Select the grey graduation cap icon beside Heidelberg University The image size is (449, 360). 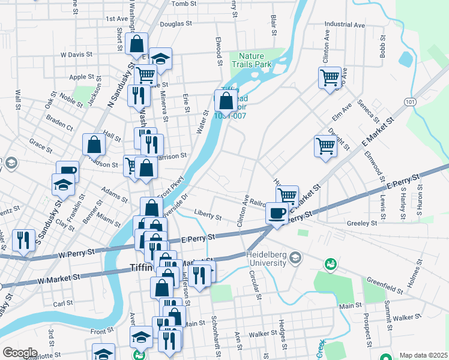(x=295, y=258)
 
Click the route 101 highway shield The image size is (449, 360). (x=409, y=102)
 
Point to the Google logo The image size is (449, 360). (x=20, y=353)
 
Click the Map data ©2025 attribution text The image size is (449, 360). (x=423, y=355)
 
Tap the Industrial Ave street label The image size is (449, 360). (x=345, y=25)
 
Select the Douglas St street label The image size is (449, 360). (x=175, y=25)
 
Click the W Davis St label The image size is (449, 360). (x=76, y=54)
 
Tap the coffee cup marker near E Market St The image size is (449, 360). (x=277, y=212)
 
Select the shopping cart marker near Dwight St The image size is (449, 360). (x=325, y=146)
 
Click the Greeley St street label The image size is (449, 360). (x=361, y=223)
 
